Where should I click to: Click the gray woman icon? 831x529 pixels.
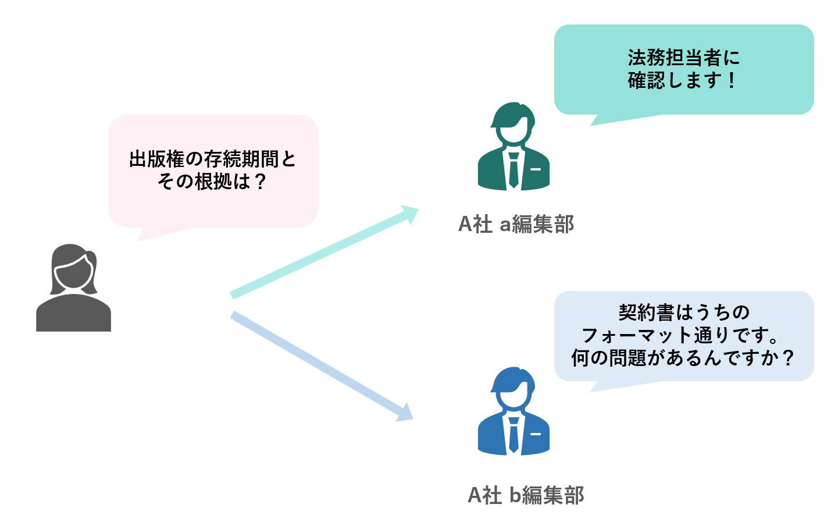click(x=73, y=287)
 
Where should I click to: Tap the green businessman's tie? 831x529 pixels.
click(x=513, y=170)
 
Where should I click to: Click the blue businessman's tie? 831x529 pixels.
click(x=513, y=435)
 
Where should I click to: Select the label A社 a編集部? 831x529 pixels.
click(x=516, y=224)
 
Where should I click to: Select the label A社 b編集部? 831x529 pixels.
click(x=526, y=495)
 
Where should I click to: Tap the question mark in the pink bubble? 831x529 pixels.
click(x=261, y=182)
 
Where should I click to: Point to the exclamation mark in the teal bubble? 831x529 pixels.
click(x=732, y=80)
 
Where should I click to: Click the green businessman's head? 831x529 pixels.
click(x=513, y=123)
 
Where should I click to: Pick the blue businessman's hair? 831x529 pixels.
click(x=513, y=379)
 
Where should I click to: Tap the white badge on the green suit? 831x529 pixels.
click(x=536, y=169)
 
